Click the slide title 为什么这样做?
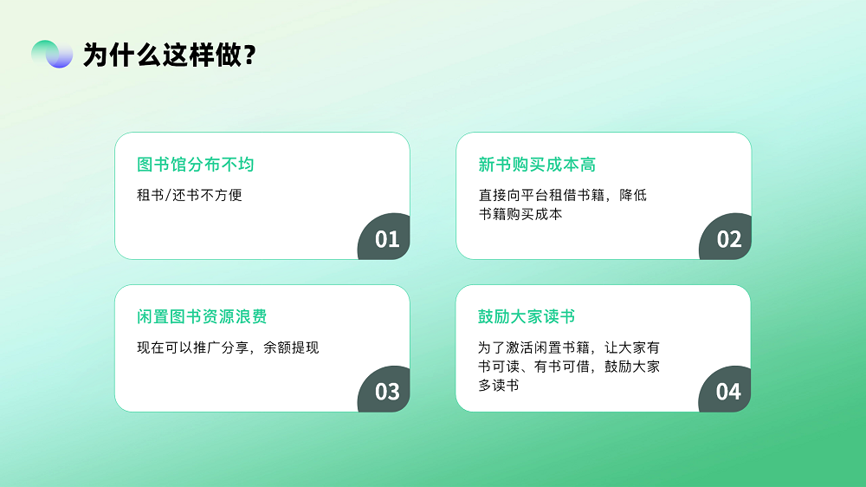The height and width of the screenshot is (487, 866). point(170,55)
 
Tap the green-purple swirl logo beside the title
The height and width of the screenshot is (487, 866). point(52,55)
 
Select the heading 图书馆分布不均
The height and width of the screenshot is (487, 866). point(196,164)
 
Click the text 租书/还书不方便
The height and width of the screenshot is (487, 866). point(190,195)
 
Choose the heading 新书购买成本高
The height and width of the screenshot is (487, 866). point(537,164)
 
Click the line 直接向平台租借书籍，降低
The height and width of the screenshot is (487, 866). point(562,195)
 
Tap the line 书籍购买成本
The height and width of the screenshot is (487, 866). point(520,214)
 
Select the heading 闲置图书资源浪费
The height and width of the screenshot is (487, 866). point(202,317)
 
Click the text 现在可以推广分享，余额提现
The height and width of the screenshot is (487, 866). point(228,347)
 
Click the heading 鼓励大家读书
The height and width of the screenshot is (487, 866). point(527,317)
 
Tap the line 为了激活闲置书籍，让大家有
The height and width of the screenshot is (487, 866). point(569,347)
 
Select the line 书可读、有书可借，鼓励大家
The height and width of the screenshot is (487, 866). point(569,367)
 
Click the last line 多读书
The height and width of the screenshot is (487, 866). point(498,386)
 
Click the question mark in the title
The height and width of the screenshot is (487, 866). point(249,55)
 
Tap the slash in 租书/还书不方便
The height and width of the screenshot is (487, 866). point(168,195)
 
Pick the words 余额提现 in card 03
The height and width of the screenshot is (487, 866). point(291,347)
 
